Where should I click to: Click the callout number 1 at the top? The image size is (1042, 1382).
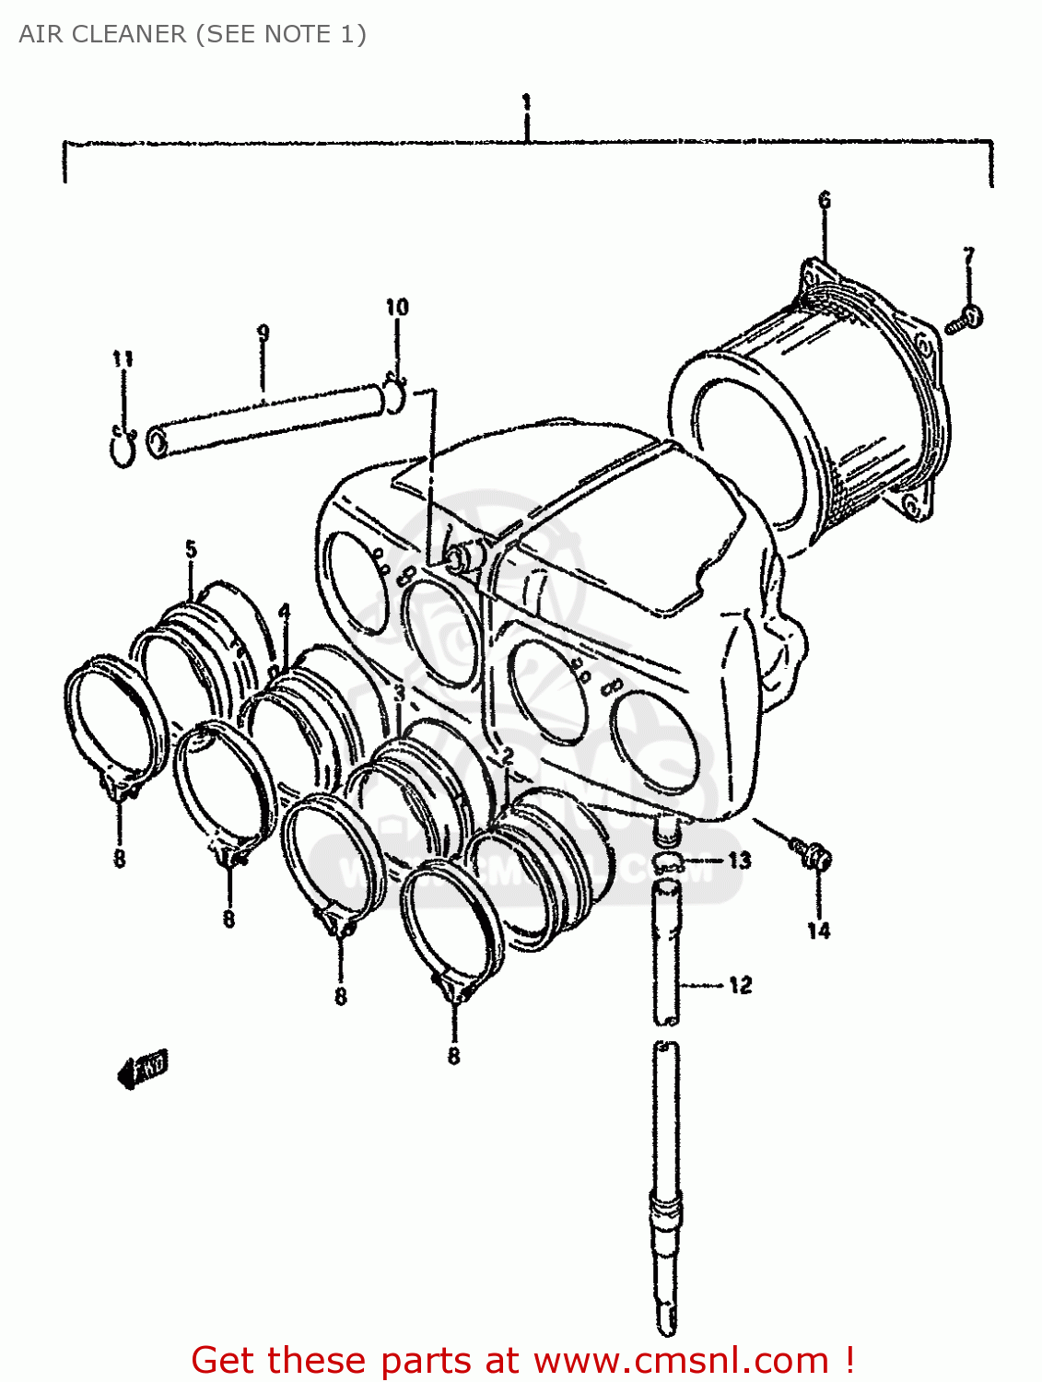pos(526,101)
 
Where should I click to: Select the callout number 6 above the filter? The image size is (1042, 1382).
pos(824,200)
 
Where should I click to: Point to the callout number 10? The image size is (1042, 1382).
pos(396,307)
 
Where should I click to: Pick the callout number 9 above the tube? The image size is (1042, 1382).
pos(263,333)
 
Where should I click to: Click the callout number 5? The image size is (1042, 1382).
pos(191,550)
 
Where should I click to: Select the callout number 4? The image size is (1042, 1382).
pos(284,612)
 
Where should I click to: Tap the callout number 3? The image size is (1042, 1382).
pos(399,693)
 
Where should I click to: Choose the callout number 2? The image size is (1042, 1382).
pos(507,755)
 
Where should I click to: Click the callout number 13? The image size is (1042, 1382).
pos(739,861)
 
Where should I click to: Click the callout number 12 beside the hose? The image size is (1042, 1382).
pos(740,986)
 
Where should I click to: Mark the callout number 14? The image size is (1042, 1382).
pos(818,931)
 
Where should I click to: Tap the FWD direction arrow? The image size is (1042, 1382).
pos(143,1069)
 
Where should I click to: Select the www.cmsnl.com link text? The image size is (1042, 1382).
pos(681,1360)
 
